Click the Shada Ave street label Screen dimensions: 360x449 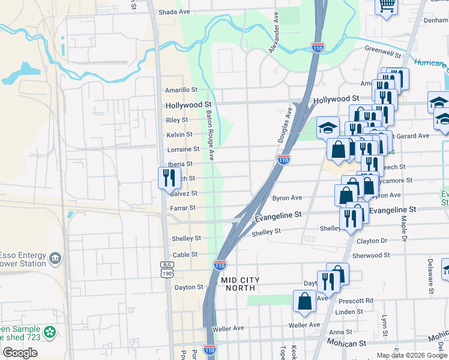point(174,12)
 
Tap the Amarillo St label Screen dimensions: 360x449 point(181,90)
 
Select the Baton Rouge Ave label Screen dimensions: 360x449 point(209,134)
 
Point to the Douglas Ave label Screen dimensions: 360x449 point(285,125)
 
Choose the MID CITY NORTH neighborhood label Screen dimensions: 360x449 point(240,284)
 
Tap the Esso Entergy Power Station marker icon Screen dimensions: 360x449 point(55,258)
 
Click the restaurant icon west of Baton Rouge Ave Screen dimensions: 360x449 point(167,177)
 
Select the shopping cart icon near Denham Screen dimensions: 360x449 point(387,5)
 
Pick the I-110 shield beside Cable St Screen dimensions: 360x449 point(220,264)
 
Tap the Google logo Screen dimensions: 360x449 point(20,353)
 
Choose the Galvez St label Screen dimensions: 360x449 point(184,193)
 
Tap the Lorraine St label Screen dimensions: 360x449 point(183,149)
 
